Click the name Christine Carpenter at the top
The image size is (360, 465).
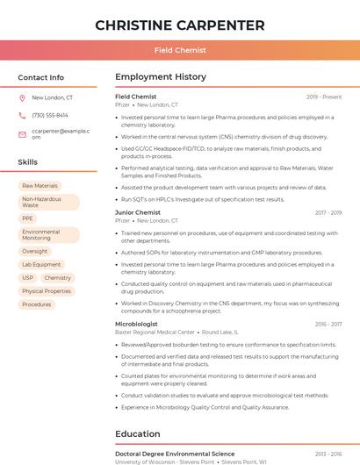coord(179,25)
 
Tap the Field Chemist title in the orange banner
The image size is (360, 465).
coord(179,50)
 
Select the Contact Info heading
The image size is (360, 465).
coord(41,77)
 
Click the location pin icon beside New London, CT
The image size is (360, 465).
coord(22,98)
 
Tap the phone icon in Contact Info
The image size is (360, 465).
coord(22,115)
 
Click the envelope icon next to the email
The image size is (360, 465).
coord(22,134)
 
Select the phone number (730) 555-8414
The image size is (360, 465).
coord(50,115)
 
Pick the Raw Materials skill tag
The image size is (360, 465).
coord(40,186)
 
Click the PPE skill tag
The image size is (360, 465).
coord(28,218)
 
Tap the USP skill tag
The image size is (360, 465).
coord(27,277)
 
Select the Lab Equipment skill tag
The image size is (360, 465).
coord(41,264)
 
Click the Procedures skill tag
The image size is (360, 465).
coord(37,304)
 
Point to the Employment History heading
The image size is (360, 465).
coord(161,77)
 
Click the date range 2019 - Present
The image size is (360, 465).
coord(324,97)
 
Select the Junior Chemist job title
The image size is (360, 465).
coord(138,212)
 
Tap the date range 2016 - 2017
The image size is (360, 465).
coord(328,212)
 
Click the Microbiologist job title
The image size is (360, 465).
coord(136,324)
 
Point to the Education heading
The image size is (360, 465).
coord(139,433)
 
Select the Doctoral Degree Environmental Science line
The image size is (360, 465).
coord(175,454)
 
